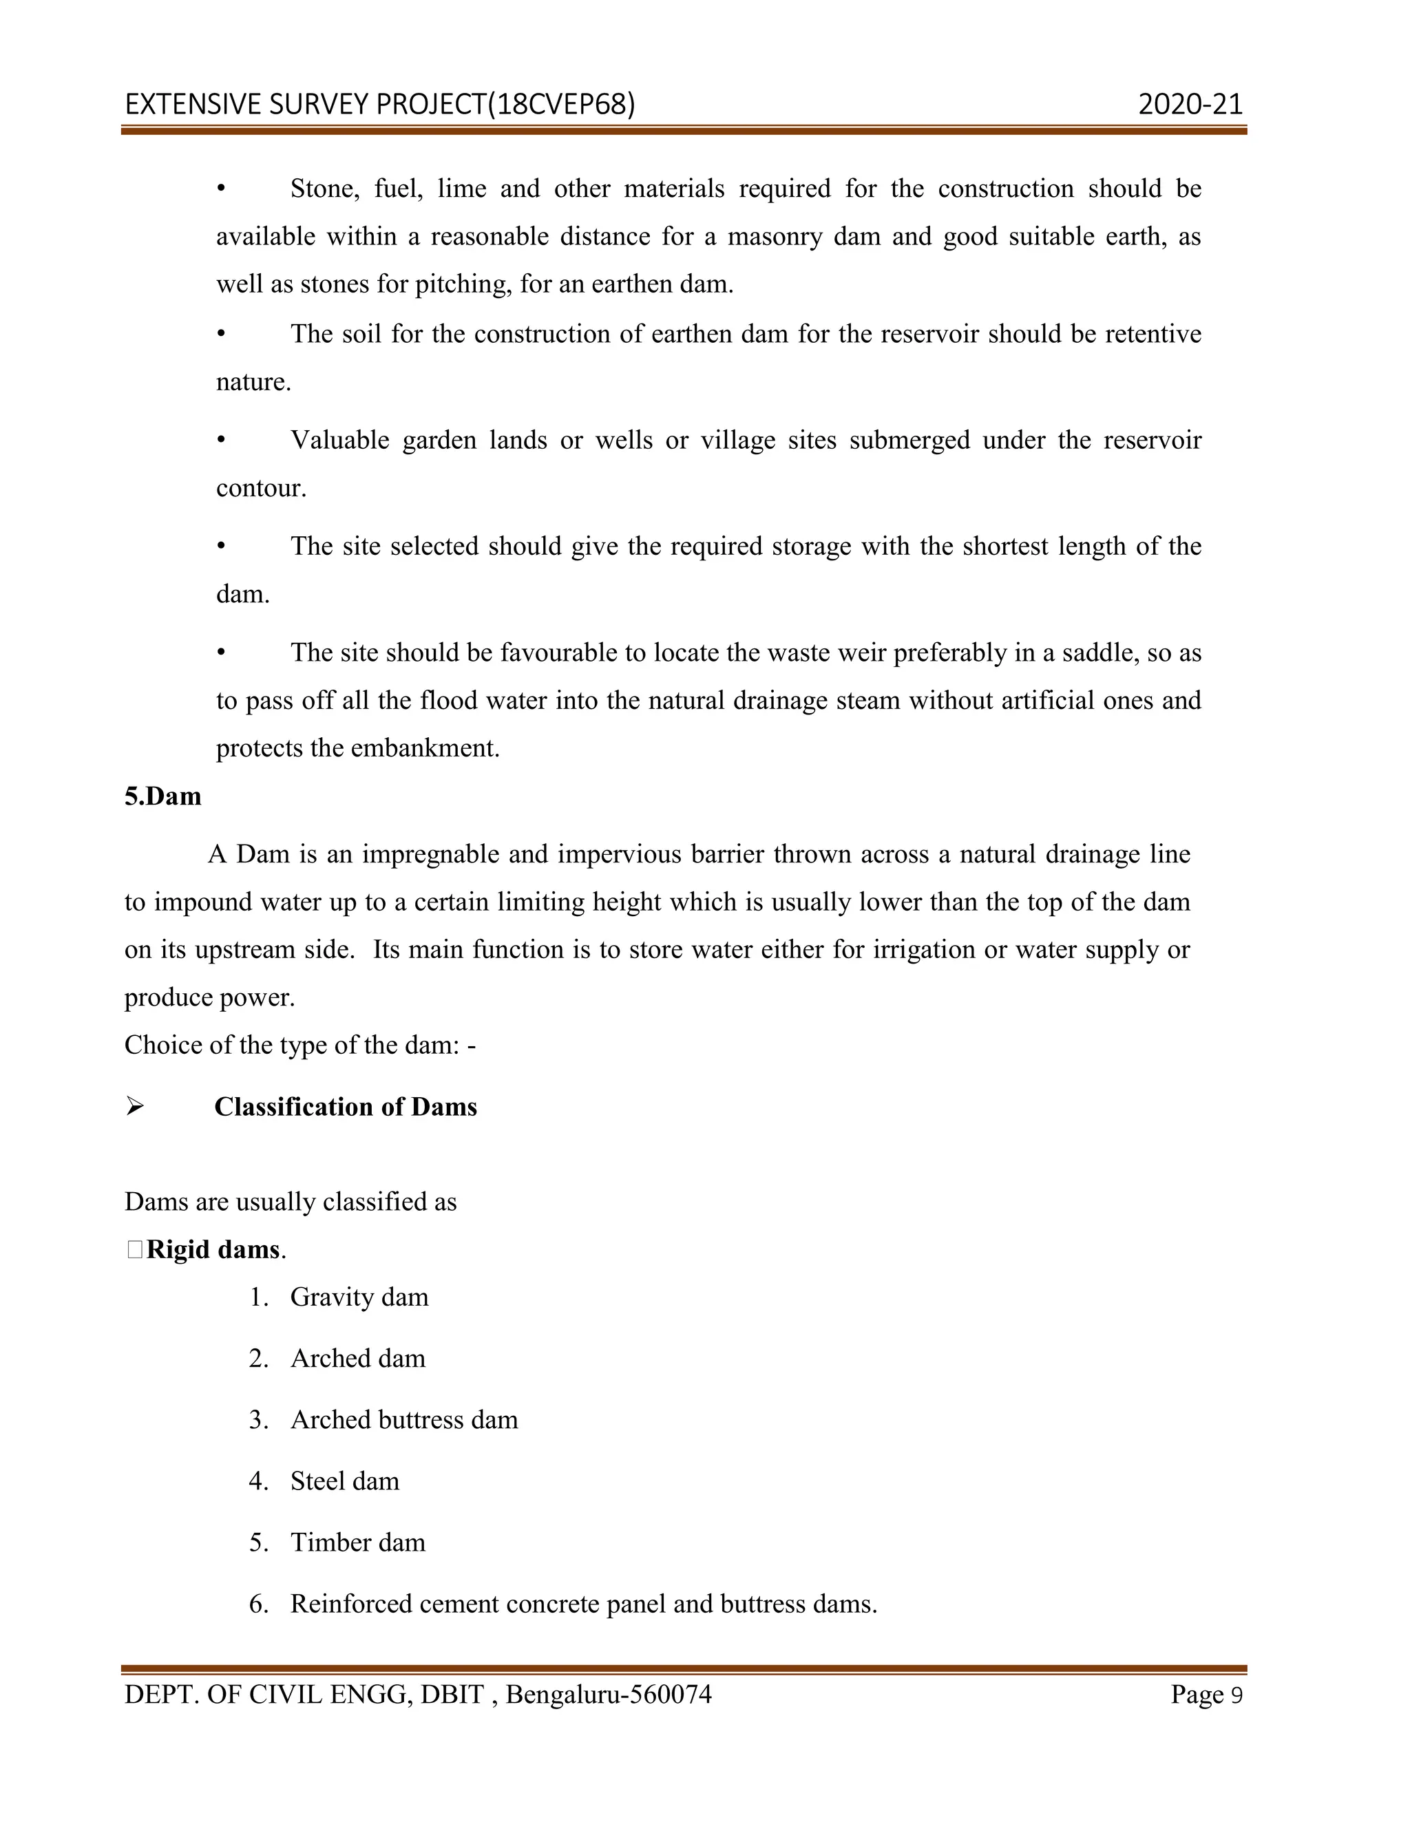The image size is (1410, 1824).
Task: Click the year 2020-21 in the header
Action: [x=1190, y=105]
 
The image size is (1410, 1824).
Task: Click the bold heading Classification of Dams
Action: [x=346, y=1107]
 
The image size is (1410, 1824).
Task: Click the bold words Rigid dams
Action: [x=213, y=1249]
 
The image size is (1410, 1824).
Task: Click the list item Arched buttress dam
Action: [x=404, y=1420]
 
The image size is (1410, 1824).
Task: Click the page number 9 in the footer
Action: [x=1237, y=1695]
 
